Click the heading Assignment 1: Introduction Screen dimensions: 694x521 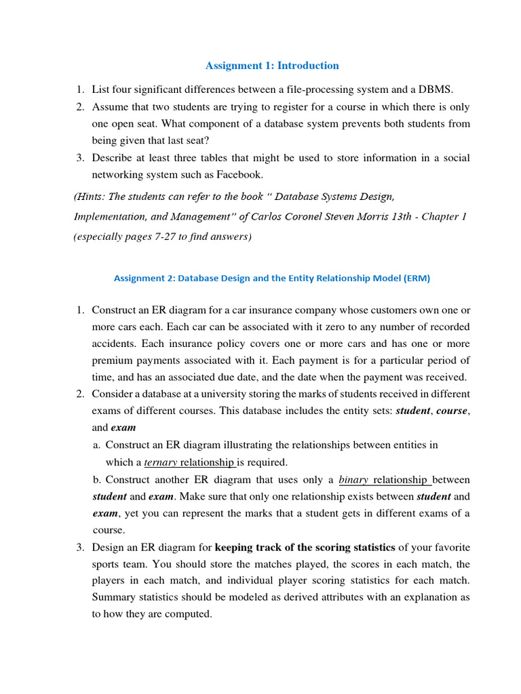click(272, 66)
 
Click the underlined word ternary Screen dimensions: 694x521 click(160, 462)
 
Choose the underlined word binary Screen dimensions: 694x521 click(353, 479)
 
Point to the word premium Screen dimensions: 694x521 click(113, 360)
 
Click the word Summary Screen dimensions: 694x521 click(114, 598)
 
